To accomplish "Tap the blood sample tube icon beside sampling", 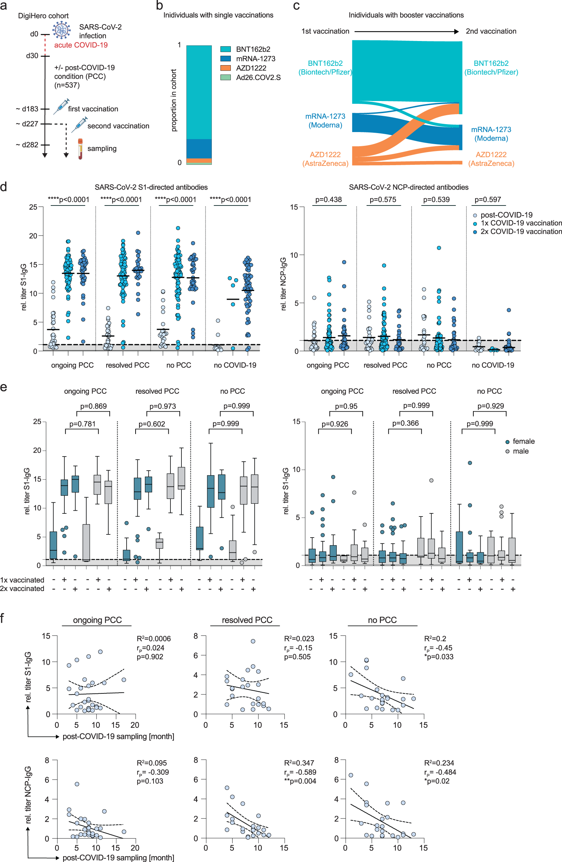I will (x=80, y=149).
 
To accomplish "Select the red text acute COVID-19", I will (x=81, y=45).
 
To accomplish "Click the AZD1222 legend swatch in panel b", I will (x=225, y=68).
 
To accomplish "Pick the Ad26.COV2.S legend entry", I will (x=258, y=78).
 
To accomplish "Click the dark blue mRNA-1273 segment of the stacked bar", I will (x=199, y=149).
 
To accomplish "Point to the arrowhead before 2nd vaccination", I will (x=456, y=31).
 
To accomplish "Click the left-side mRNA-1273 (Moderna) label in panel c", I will (x=325, y=121).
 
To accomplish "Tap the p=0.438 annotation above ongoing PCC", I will (x=328, y=200).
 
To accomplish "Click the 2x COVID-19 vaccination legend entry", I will (x=521, y=231).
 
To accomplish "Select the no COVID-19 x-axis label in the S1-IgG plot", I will (x=235, y=365).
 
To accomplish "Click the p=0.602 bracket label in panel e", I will (x=152, y=424).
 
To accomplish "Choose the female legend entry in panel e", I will (x=523, y=441).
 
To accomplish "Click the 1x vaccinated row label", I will (x=22, y=580).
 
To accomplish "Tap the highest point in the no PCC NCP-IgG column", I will (x=439, y=248).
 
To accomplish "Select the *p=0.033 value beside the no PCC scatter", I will (x=438, y=656).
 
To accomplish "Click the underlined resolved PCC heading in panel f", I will (x=247, y=620).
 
